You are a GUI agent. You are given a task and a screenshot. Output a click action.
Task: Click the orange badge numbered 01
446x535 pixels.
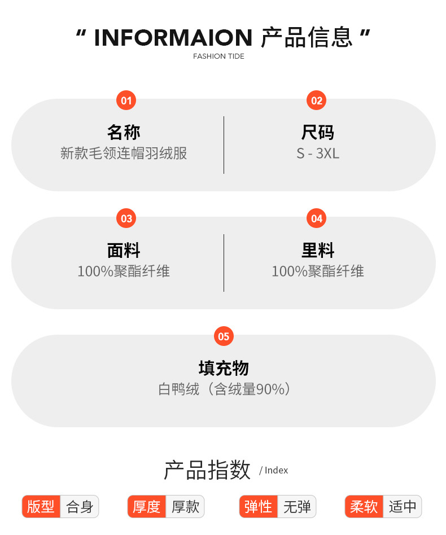[x=126, y=101]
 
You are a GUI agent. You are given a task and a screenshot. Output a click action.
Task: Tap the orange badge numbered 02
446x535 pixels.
[x=317, y=101]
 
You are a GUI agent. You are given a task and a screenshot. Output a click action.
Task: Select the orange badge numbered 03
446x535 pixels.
[x=126, y=219]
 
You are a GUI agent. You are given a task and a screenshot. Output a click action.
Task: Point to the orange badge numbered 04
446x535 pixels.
[x=317, y=219]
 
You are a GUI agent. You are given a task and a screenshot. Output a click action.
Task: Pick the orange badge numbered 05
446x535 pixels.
[x=224, y=337]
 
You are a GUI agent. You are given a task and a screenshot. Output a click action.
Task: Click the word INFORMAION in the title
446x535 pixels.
[x=173, y=38]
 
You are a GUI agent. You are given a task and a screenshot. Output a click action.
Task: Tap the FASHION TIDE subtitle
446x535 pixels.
[x=218, y=56]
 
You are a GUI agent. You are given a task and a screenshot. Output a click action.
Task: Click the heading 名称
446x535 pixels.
[x=124, y=133]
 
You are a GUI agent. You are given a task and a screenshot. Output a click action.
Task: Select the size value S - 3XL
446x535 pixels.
[x=318, y=153]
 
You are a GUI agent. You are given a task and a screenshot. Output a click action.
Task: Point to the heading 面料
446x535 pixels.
[x=124, y=251]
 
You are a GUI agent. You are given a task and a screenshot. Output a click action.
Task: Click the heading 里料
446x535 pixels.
[x=318, y=251]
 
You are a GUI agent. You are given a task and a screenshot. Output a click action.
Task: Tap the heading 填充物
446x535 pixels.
[x=224, y=369]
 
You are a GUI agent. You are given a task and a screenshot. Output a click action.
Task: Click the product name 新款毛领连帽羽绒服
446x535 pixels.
[x=124, y=153]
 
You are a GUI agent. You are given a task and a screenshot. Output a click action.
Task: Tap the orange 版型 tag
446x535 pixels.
[x=41, y=506]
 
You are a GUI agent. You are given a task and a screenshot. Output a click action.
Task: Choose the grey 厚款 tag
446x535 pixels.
[x=185, y=506]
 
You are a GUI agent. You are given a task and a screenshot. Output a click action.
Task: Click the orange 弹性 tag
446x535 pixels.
[x=258, y=506]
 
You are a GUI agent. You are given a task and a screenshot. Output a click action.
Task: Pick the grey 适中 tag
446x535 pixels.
[x=402, y=506]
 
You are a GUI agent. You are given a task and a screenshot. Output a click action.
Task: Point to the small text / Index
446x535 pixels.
[x=274, y=471]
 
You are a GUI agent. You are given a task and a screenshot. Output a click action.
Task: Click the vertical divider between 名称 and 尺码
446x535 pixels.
[x=224, y=145]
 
